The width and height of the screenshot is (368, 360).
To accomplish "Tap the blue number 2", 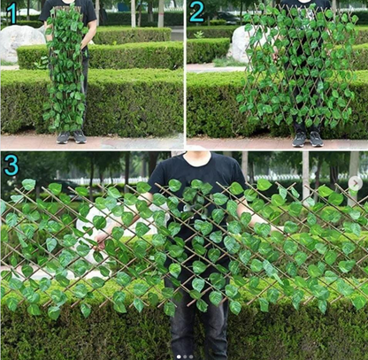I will [x=196, y=11].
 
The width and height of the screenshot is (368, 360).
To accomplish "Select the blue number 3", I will [x=11, y=165].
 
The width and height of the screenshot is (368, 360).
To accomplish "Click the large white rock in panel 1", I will [x=20, y=42].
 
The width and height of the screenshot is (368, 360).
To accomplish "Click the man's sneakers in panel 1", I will [x=71, y=137].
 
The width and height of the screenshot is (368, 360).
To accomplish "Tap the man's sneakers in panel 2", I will [x=307, y=139].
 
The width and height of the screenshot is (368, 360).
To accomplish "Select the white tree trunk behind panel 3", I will [x=306, y=172].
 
